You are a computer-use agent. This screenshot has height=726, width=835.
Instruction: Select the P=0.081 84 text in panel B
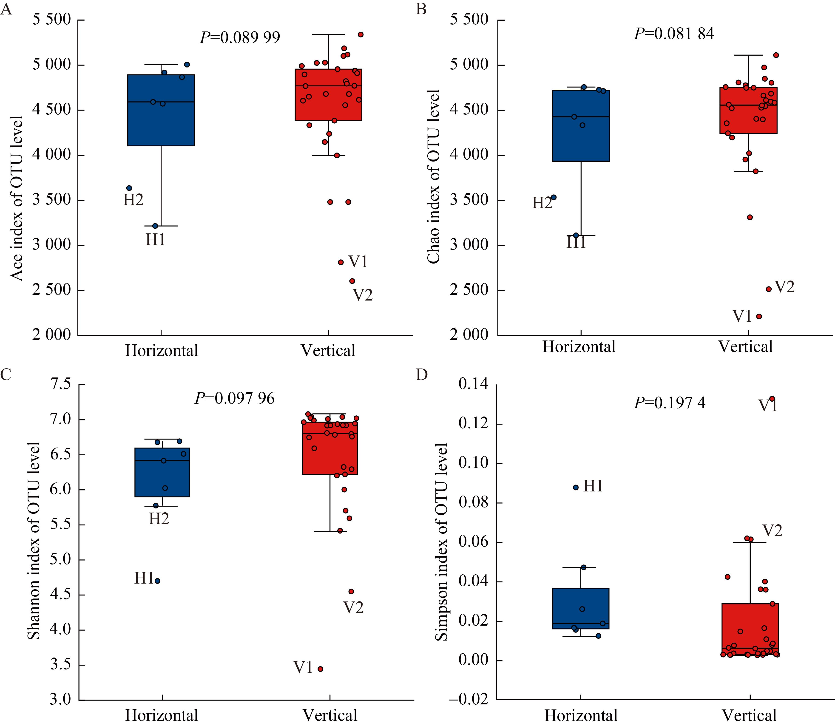click(674, 34)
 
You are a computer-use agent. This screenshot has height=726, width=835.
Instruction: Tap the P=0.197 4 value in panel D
click(669, 403)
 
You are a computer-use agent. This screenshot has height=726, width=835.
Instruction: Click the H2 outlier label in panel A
click(133, 200)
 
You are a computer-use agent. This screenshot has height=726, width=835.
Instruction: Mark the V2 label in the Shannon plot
click(353, 607)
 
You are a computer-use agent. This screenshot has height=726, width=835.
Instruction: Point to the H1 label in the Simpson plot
click(593, 486)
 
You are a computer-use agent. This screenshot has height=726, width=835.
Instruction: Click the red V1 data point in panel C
click(320, 669)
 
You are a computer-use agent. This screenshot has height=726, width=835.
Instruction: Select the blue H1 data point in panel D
click(576, 487)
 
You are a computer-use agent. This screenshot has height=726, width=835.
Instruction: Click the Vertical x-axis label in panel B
click(745, 347)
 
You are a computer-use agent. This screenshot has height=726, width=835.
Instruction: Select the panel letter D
click(422, 375)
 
